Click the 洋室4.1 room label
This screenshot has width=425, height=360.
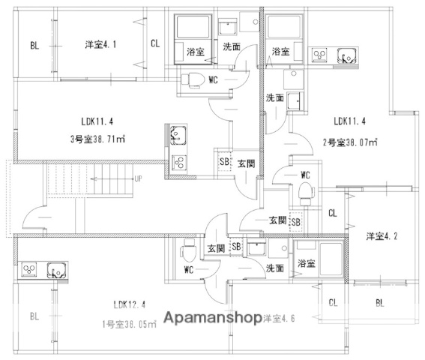pos(100,44)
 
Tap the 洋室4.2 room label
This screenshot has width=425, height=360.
pos(381,237)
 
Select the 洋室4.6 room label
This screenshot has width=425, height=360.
pos(280,319)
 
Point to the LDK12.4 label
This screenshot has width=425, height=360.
pos(129,304)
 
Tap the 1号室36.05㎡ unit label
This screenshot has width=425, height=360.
pos(129,324)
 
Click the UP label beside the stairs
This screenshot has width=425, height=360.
pos(138,179)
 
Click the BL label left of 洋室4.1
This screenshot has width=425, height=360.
pos(34,45)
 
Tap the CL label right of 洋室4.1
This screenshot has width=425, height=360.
pos(154,44)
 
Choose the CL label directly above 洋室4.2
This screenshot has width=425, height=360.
pos(333,212)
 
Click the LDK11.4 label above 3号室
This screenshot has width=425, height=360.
pos(98,119)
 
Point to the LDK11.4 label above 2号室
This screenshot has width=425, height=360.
pos(350,120)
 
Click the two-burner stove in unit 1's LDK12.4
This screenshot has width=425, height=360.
pos(30,268)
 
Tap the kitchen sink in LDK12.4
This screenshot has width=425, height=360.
pos(56,268)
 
